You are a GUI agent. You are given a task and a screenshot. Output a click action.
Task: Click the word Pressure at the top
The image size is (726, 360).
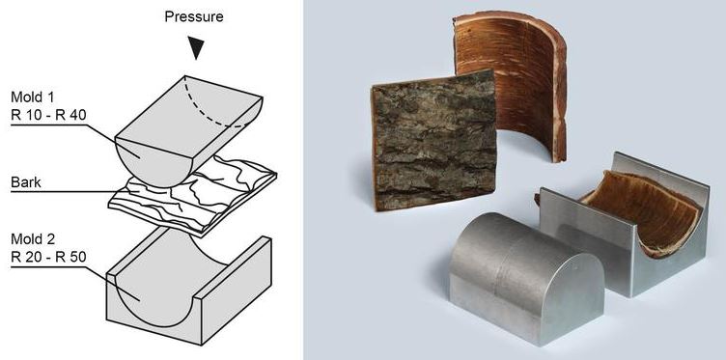193,17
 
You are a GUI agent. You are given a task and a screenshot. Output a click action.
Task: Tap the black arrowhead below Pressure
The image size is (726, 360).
196,48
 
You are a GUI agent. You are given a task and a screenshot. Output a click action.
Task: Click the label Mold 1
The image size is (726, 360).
33,97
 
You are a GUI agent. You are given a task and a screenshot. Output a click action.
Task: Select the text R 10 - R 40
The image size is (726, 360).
48,115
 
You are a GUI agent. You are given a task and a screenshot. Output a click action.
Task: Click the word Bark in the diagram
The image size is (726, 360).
26,182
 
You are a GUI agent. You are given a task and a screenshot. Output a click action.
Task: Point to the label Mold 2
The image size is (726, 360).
33,239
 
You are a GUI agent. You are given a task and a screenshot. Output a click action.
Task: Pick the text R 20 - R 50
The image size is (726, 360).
48,257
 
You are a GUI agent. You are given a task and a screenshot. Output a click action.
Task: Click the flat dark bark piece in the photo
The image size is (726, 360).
433,140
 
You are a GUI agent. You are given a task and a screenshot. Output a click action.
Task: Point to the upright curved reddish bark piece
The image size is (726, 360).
512,83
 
